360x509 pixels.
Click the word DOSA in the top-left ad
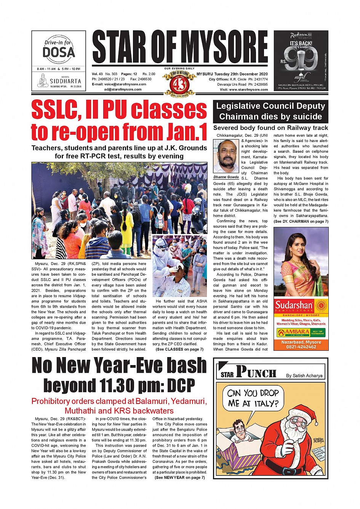click(59, 52)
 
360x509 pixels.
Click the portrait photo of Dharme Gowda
click(226, 156)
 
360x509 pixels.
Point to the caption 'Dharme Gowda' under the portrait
click(226, 177)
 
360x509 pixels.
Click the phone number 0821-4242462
click(301, 347)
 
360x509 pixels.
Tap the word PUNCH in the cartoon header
click(256, 372)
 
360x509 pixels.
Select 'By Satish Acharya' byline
click(304, 375)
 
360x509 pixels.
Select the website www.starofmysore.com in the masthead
click(249, 89)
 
